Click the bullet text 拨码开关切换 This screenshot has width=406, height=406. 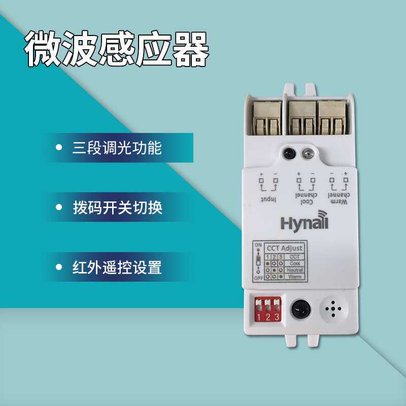[117, 208]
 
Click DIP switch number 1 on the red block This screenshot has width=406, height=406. [259, 307]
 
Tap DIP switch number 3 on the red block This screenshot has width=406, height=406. [277, 307]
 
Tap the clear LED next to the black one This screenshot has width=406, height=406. [307, 152]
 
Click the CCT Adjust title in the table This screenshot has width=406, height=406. [285, 248]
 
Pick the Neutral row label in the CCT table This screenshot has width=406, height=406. [295, 270]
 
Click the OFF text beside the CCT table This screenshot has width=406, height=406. [257, 279]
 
